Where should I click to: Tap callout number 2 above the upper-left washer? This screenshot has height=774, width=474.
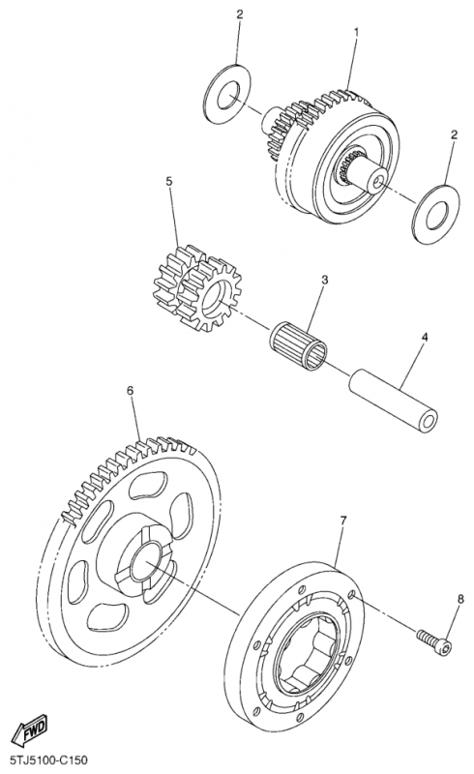pyautogui.click(x=240, y=15)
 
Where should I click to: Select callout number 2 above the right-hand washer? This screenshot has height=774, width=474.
pyautogui.click(x=455, y=134)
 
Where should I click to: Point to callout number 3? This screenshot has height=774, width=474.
pyautogui.click(x=324, y=280)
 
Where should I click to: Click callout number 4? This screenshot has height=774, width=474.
pyautogui.click(x=425, y=337)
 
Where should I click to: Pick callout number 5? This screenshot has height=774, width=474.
pyautogui.click(x=169, y=181)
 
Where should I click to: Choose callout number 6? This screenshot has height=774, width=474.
pyautogui.click(x=130, y=391)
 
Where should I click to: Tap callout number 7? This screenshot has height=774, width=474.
pyautogui.click(x=343, y=520)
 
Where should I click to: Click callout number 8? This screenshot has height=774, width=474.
pyautogui.click(x=460, y=599)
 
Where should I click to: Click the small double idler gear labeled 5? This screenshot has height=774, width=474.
pyautogui.click(x=197, y=287)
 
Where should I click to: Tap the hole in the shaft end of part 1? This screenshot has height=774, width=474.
pyautogui.click(x=377, y=183)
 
